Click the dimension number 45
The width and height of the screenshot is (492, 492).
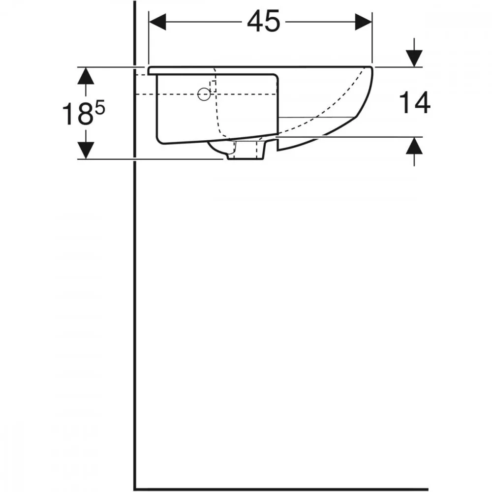point(263,21)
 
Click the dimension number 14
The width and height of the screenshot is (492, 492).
point(414,103)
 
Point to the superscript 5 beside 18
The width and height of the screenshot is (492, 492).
point(100,109)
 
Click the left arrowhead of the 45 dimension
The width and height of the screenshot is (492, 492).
point(157,22)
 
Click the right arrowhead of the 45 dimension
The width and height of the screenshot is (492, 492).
point(363,22)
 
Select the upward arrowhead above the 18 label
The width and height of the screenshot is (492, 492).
point(86,76)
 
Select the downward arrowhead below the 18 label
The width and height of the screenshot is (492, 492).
point(86,150)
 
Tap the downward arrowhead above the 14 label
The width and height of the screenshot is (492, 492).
point(414,59)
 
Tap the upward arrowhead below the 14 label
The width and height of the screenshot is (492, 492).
point(414,146)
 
